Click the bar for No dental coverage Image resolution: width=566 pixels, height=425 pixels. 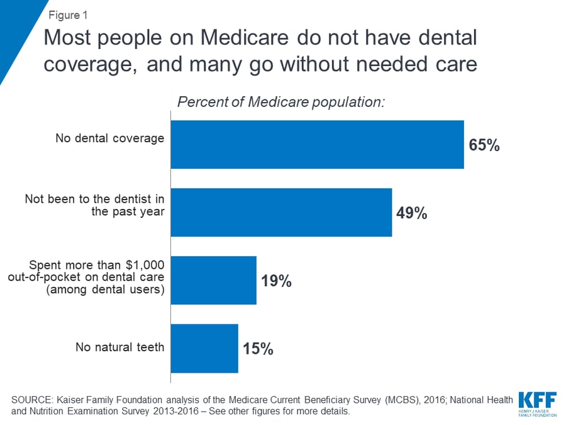(x=317, y=145)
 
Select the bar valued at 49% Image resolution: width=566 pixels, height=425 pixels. (x=281, y=212)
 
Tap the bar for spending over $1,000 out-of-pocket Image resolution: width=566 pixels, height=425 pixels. (x=214, y=280)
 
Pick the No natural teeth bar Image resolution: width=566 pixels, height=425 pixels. (x=204, y=348)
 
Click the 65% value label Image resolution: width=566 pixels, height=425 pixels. (x=484, y=145)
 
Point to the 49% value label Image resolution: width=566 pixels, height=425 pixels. (x=411, y=213)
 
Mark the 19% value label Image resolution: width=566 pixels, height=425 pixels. (x=276, y=281)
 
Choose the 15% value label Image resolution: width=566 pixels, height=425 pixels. (x=258, y=349)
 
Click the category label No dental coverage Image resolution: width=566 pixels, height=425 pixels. (x=110, y=138)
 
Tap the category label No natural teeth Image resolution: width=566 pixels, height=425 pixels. (x=119, y=347)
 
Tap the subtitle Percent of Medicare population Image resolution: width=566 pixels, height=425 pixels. (x=281, y=102)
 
